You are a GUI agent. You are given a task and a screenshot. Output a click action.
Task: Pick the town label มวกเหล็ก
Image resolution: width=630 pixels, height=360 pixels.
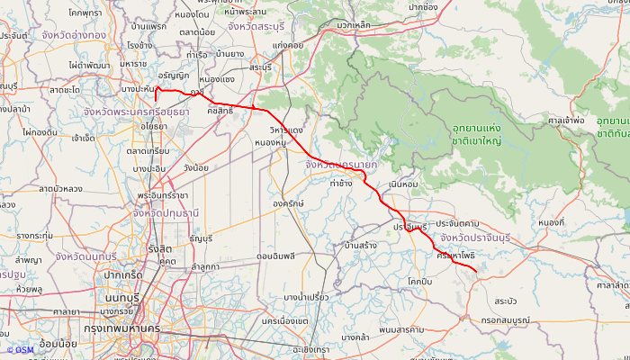coord(354,25)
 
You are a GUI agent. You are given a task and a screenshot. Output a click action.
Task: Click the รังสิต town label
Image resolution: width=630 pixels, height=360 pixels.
coord(160,249)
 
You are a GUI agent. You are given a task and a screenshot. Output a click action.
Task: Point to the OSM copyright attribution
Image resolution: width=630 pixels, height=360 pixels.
coord(20,350)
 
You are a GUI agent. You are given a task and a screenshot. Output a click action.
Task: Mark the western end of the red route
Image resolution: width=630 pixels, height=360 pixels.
coord(157,88)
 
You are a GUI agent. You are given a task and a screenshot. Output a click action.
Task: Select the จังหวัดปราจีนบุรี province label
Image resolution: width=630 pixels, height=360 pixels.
coord(487,238)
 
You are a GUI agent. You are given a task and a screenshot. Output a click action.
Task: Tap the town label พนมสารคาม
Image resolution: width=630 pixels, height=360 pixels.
coord(401,329)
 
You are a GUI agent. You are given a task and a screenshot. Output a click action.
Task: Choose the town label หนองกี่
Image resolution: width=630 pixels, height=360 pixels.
coord(551,221)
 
